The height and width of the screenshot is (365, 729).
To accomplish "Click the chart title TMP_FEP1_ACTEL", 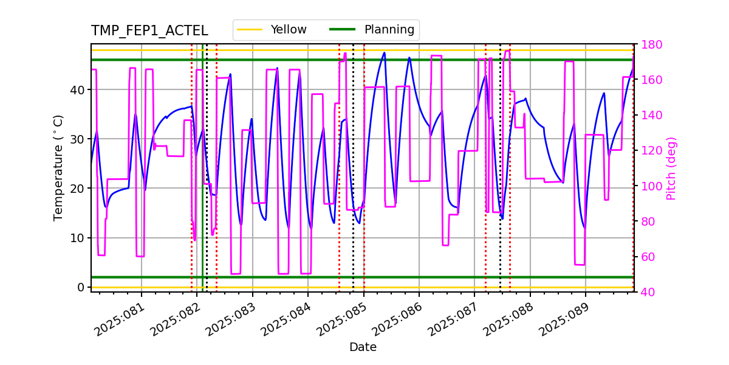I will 149,31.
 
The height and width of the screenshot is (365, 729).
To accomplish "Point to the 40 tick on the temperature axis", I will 80,89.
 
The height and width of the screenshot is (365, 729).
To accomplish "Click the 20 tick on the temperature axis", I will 80,188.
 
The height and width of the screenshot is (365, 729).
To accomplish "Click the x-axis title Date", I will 363,347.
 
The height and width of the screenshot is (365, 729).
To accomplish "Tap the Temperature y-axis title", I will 58,167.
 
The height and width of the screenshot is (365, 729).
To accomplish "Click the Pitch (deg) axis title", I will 671,168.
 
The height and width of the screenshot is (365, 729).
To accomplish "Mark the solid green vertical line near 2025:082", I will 202,182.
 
